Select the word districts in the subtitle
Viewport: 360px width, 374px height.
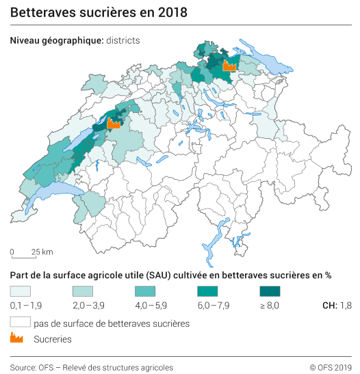pos(123,40)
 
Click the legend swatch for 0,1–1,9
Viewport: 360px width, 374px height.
pos(21,291)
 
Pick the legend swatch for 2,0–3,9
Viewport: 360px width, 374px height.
pos(83,291)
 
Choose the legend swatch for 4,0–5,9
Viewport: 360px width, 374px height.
pos(145,291)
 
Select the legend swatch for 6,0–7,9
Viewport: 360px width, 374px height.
pos(207,291)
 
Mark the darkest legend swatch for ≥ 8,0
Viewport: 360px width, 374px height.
pos(270,291)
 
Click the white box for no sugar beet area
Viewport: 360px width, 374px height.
pos(21,322)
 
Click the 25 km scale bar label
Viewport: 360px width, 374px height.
pos(42,252)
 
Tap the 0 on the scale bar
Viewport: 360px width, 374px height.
pos(12,252)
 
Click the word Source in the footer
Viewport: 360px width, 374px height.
pos(23,367)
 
